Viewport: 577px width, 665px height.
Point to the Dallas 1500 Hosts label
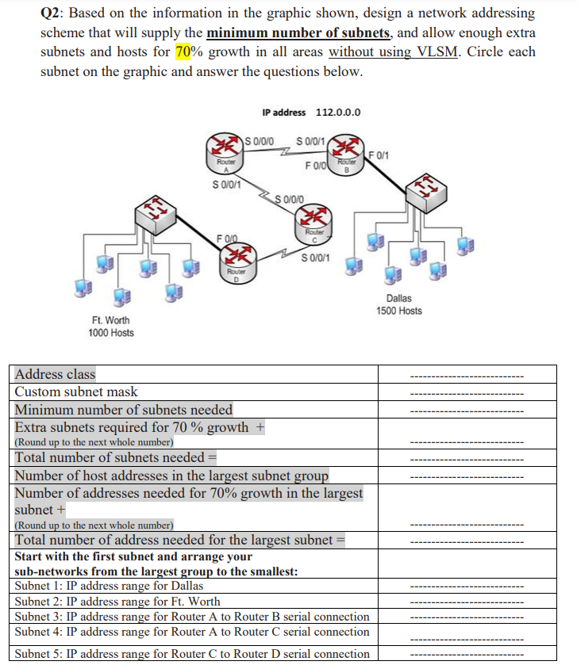(x=398, y=304)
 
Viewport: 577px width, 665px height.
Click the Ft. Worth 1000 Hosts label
(x=110, y=326)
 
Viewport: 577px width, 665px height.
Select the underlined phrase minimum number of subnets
(x=298, y=33)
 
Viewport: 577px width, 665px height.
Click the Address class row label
(x=56, y=373)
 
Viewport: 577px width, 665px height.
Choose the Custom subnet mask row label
(x=76, y=392)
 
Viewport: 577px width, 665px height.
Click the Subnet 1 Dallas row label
(x=109, y=586)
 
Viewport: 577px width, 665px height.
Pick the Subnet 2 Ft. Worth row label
(x=117, y=602)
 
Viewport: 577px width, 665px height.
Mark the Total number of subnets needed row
(x=116, y=457)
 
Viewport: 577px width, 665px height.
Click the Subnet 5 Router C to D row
(x=192, y=654)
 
